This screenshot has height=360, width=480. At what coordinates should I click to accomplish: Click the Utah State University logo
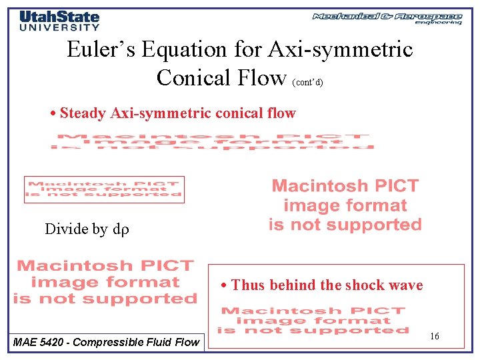pos(59,20)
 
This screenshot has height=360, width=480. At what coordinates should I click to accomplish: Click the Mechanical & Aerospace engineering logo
pos(387,18)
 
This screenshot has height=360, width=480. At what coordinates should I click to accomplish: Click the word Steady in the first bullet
pos(83,113)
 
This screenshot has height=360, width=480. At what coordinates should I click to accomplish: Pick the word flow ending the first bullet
pos(281,113)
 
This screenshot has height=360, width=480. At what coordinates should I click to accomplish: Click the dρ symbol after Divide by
pos(120,230)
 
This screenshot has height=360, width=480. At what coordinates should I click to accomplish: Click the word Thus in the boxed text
pos(248,285)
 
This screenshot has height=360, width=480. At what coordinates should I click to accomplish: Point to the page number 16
pos(434,337)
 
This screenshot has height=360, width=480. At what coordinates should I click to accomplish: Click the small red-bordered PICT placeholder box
pos(104,189)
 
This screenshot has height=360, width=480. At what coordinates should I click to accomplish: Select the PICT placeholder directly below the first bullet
pos(213,142)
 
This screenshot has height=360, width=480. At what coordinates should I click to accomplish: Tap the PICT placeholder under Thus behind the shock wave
pos(313,320)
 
